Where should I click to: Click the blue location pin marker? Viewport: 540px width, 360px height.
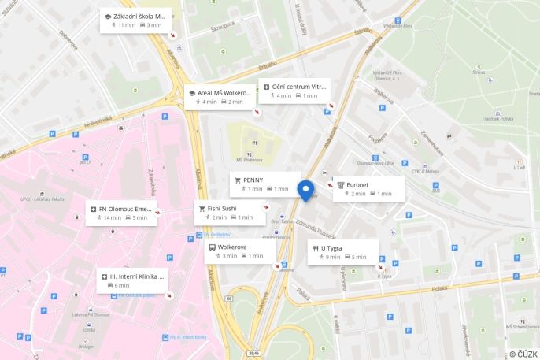[305, 190]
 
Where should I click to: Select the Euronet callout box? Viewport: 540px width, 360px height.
[368, 188]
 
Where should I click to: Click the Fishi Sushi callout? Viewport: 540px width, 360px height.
[231, 212]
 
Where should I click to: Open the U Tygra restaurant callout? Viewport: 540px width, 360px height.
[342, 252]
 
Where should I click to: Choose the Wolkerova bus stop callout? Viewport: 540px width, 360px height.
[240, 251]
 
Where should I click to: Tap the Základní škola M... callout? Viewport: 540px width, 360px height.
[135, 20]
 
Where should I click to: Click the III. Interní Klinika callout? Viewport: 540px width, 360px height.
[132, 280]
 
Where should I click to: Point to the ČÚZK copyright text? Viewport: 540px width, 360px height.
[523, 354]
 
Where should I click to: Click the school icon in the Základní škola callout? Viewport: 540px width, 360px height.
[108, 16]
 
